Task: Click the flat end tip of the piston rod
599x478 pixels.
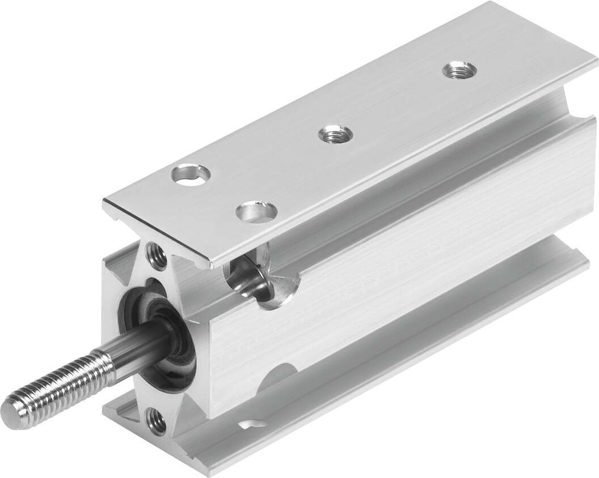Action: coord(12,409)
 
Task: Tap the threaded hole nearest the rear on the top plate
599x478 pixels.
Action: coord(459,71)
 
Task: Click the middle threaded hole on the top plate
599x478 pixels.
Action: coord(335,134)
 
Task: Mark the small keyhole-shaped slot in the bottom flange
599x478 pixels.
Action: coord(252,422)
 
